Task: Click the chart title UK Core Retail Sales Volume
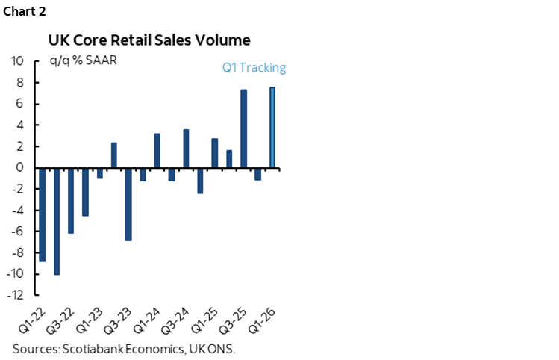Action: pyautogui.click(x=149, y=40)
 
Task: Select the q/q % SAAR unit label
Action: pyautogui.click(x=83, y=60)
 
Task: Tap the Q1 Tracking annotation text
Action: pyautogui.click(x=254, y=68)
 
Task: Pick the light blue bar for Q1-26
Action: pyautogui.click(x=272, y=128)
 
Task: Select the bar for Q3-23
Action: pyautogui.click(x=128, y=205)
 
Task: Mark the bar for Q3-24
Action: pyautogui.click(x=186, y=149)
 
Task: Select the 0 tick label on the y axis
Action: pyautogui.click(x=21, y=168)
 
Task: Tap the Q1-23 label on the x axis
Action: pyautogui.click(x=89, y=320)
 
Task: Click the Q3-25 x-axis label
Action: pyautogui.click(x=232, y=320)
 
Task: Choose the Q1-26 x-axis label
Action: pyautogui.click(x=261, y=320)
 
